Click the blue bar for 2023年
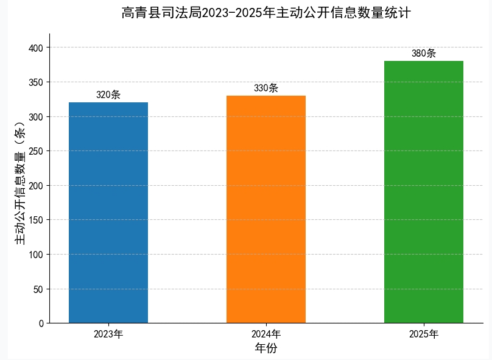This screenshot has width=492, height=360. [x=108, y=213]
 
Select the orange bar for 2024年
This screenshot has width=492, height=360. [x=266, y=209]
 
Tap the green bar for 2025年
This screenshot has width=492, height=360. [x=424, y=192]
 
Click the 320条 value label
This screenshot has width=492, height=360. [x=108, y=95]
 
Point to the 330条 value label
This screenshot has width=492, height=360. [x=266, y=88]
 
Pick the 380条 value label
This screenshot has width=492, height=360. [x=424, y=54]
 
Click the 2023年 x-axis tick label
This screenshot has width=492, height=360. [x=108, y=334]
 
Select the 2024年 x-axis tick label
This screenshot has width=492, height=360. [x=266, y=334]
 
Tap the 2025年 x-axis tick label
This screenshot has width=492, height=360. [x=424, y=334]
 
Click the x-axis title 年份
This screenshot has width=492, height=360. [x=266, y=349]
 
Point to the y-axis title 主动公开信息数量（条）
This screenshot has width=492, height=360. [x=20, y=183]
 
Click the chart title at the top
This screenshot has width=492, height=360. [x=266, y=13]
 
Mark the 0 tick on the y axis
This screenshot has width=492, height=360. [x=41, y=323]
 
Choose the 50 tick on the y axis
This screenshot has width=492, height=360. [x=39, y=289]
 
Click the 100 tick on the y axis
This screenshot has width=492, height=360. [x=37, y=255]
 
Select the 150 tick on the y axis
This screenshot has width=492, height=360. [x=37, y=220]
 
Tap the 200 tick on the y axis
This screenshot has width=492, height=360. [x=37, y=186]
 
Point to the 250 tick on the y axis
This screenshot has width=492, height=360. [x=37, y=151]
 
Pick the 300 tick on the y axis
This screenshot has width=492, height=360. [x=37, y=117]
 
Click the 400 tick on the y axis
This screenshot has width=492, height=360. [x=37, y=48]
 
